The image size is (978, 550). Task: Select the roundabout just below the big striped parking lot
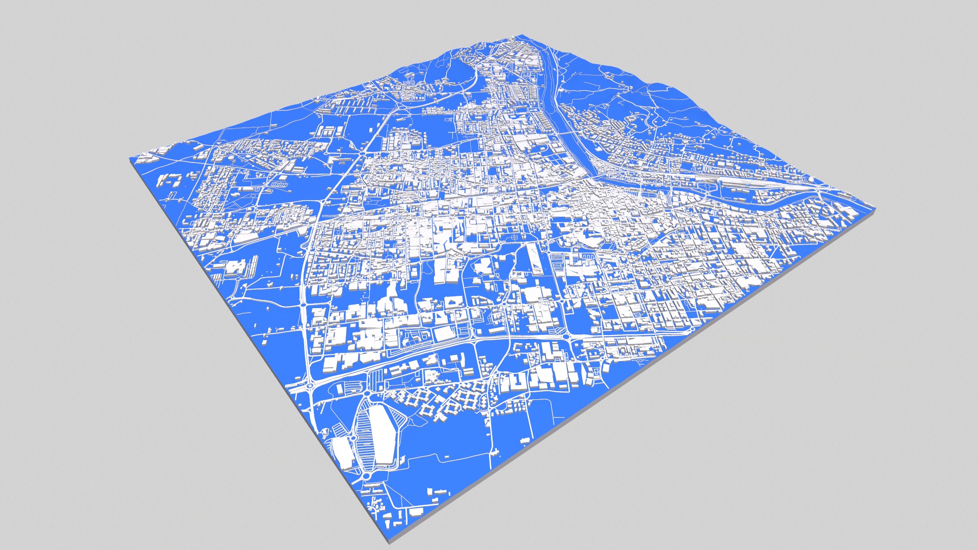coord(366,476)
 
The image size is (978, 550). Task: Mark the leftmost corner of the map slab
coord(130,159)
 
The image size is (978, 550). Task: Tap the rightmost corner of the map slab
coord(875,208)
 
